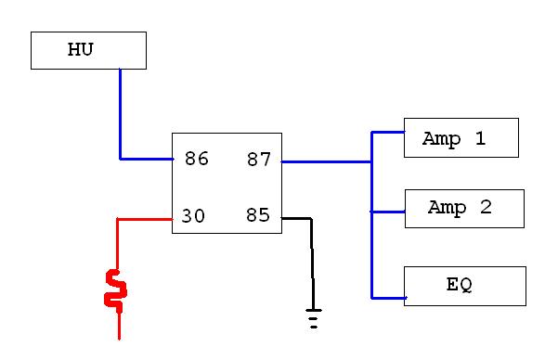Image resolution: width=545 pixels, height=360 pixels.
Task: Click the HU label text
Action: [80, 49]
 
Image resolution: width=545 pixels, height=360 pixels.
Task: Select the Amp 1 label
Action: [454, 139]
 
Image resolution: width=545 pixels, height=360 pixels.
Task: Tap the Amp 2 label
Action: [460, 208]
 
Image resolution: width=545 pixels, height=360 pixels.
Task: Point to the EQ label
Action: [460, 285]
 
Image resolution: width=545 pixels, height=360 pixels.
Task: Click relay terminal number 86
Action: [197, 159]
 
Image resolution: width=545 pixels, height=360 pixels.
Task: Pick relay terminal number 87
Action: [259, 160]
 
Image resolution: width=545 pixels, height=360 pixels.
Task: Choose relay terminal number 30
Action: [193, 216]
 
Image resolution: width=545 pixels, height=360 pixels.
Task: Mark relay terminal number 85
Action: [258, 214]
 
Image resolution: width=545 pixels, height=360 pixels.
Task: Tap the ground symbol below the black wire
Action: [314, 318]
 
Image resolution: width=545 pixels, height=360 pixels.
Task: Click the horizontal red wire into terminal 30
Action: [145, 219]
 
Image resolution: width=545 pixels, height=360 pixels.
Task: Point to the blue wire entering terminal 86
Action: [147, 160]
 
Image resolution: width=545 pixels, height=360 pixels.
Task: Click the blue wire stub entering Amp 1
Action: [388, 132]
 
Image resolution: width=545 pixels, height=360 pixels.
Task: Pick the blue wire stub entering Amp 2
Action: [387, 212]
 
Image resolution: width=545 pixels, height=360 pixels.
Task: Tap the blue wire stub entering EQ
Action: [389, 298]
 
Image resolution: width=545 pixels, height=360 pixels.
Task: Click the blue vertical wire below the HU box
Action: [121, 113]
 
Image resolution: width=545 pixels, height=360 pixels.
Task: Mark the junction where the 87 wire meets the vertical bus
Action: [372, 162]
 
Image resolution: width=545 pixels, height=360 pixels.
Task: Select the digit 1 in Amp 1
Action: [480, 138]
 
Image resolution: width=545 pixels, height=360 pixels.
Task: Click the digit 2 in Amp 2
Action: [486, 207]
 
